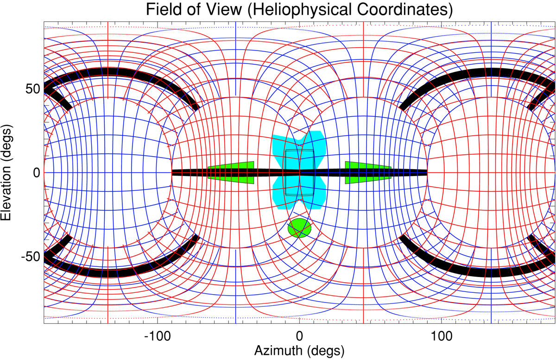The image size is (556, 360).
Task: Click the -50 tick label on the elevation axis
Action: pos(28,257)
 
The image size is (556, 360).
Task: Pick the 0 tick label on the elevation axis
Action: pos(35,173)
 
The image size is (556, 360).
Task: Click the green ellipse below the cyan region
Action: pos(299,227)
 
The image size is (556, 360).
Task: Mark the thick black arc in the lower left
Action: pos(107,273)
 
